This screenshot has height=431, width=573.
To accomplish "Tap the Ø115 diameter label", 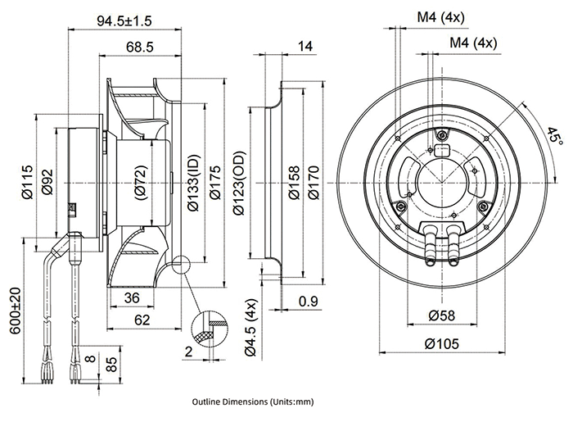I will (27, 182).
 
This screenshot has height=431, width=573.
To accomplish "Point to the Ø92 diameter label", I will (47, 183).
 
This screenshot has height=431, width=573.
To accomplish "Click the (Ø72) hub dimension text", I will (140, 181).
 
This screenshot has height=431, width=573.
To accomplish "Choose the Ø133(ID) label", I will (194, 183).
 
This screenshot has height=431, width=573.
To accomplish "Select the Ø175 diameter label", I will (214, 183).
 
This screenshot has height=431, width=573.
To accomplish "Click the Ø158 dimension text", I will (294, 182).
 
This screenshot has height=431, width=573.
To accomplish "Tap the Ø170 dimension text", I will (314, 182).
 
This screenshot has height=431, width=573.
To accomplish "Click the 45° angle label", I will (555, 135).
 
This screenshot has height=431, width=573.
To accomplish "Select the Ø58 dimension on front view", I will (443, 315).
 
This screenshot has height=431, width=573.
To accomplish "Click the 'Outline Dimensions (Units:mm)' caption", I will (253, 403).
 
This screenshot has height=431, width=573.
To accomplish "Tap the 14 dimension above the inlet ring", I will (305, 48).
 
